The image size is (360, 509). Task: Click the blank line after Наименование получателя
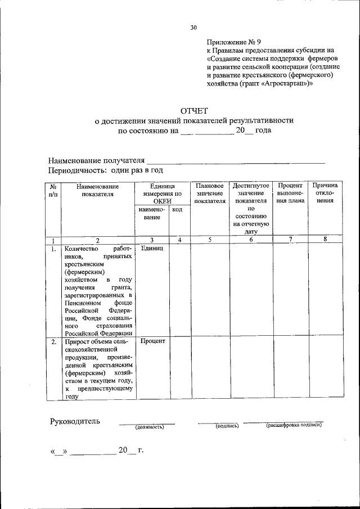pyautogui.click(x=236, y=161)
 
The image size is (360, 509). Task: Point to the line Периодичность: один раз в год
pyautogui.click(x=106, y=170)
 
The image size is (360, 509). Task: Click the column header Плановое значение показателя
pyautogui.click(x=209, y=193)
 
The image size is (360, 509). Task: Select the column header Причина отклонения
pyautogui.click(x=325, y=193)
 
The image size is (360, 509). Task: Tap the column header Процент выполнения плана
pyautogui.click(x=290, y=193)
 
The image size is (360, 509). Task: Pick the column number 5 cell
pyautogui.click(x=209, y=240)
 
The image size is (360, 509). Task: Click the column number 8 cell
pyautogui.click(x=325, y=240)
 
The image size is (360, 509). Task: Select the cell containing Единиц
pyautogui.click(x=152, y=249)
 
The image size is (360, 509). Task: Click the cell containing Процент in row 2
pyautogui.click(x=152, y=341)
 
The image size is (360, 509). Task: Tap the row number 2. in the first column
pyautogui.click(x=53, y=341)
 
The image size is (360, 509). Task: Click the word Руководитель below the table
pyautogui.click(x=75, y=421)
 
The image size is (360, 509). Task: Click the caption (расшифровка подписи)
pyautogui.click(x=294, y=425)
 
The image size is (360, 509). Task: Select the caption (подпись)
pyautogui.click(x=227, y=427)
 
